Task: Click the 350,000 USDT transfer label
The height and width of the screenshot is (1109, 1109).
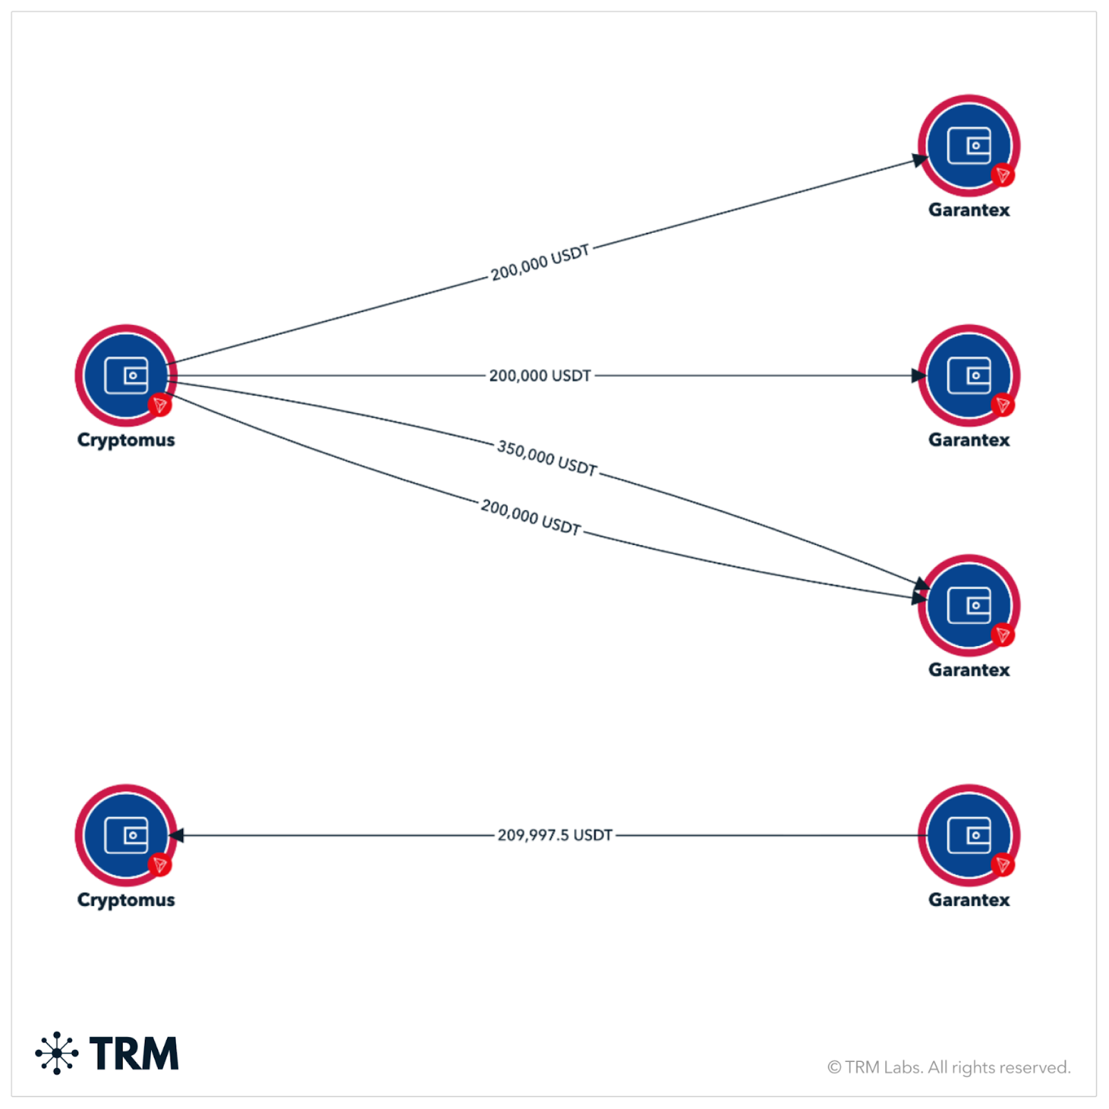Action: pos(547,458)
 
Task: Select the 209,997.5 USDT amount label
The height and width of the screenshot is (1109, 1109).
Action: pos(554,835)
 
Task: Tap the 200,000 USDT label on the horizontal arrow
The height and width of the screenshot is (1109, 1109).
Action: pos(540,376)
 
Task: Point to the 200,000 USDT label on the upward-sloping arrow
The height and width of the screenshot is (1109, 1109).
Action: pos(540,263)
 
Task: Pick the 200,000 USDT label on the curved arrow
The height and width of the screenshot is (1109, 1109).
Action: pos(531,517)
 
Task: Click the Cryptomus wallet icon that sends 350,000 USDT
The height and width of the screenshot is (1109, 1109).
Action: pos(126,376)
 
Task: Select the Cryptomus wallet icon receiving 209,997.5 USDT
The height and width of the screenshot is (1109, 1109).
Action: pos(126,835)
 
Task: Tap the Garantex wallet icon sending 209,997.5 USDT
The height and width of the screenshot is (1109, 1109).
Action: pos(969,835)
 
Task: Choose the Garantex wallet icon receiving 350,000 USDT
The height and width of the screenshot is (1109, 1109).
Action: pos(969,605)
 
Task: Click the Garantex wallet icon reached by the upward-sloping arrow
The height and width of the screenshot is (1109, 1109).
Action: pos(969,146)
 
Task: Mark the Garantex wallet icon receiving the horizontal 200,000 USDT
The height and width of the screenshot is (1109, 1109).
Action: pos(969,376)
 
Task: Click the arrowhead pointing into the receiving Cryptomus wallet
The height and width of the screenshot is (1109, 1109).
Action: pos(176,835)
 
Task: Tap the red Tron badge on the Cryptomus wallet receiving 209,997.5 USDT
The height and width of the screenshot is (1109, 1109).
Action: pos(160,864)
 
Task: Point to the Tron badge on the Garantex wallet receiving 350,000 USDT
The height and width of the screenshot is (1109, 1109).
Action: pos(1002,635)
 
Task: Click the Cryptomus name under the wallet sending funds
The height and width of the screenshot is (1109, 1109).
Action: pos(126,440)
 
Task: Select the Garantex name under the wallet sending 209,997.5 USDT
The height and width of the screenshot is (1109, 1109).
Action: pos(969,900)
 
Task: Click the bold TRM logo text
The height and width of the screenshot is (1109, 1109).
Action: pos(134,1054)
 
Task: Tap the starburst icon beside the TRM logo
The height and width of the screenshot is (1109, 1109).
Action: pos(57,1053)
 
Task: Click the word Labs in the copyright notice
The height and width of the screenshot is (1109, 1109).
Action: pos(904,1067)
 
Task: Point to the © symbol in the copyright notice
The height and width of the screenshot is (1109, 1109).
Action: pos(835,1067)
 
